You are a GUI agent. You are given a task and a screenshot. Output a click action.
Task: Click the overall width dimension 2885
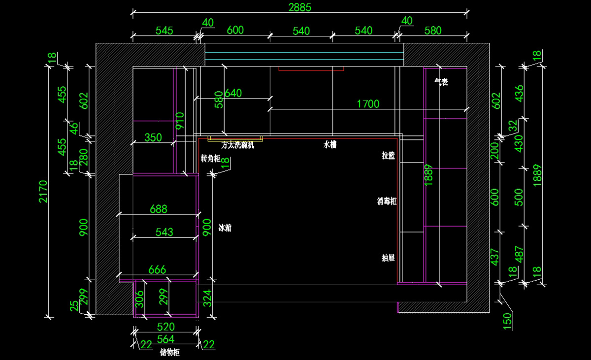tap(300, 7)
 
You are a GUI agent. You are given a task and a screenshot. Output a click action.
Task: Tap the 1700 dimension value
tap(368, 103)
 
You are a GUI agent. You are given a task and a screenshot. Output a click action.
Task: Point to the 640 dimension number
tap(233, 93)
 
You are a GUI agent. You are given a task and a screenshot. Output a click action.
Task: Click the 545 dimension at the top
tap(164, 30)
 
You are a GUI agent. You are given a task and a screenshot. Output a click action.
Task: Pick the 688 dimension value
tap(158, 209)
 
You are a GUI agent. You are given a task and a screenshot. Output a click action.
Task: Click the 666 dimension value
tap(157, 269)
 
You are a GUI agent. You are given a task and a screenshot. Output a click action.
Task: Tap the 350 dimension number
tap(153, 137)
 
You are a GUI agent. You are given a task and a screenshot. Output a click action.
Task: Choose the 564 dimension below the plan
tap(165, 339)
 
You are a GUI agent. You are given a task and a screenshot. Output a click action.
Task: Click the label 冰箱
tap(225, 228)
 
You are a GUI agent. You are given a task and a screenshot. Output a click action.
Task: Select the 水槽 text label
tap(329, 145)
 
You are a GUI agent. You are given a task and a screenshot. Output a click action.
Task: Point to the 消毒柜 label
tap(387, 201)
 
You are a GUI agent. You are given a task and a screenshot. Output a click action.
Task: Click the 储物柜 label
tap(170, 353)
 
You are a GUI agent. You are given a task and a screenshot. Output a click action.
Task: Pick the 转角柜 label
tap(210, 159)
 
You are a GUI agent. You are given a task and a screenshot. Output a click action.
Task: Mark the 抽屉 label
tap(389, 258)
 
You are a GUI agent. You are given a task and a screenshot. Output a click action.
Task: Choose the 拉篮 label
tap(389, 156)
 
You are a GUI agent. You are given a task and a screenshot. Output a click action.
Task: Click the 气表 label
tap(441, 82)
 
